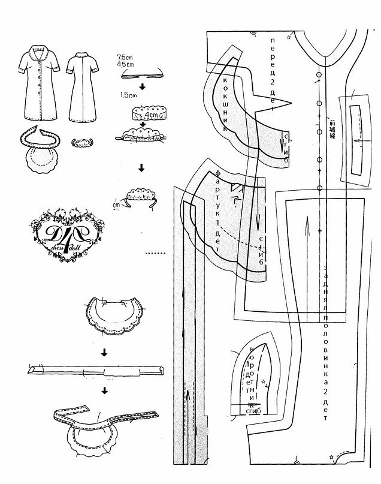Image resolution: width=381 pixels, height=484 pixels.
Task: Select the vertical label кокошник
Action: [x=226, y=102]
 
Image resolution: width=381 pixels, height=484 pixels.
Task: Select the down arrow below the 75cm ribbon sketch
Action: [x=142, y=85]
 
